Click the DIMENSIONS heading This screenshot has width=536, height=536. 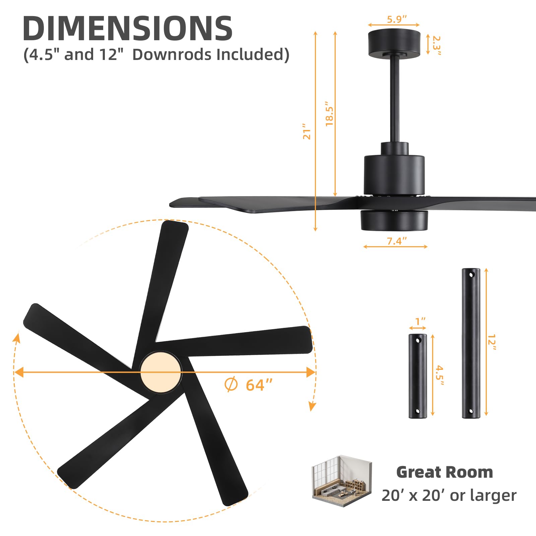click(x=127, y=28)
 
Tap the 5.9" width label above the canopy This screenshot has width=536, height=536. click(x=397, y=19)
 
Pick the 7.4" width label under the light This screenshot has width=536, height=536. click(x=397, y=241)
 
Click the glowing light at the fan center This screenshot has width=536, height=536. click(x=160, y=372)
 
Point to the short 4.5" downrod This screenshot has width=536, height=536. click(x=417, y=376)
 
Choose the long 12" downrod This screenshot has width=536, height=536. click(x=471, y=343)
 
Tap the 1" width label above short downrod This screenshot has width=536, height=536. click(x=420, y=321)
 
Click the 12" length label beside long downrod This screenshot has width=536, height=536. click(x=492, y=342)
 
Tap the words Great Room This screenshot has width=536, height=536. click(x=445, y=472)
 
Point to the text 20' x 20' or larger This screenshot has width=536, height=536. click(x=449, y=495)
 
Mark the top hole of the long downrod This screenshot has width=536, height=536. click(x=472, y=275)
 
